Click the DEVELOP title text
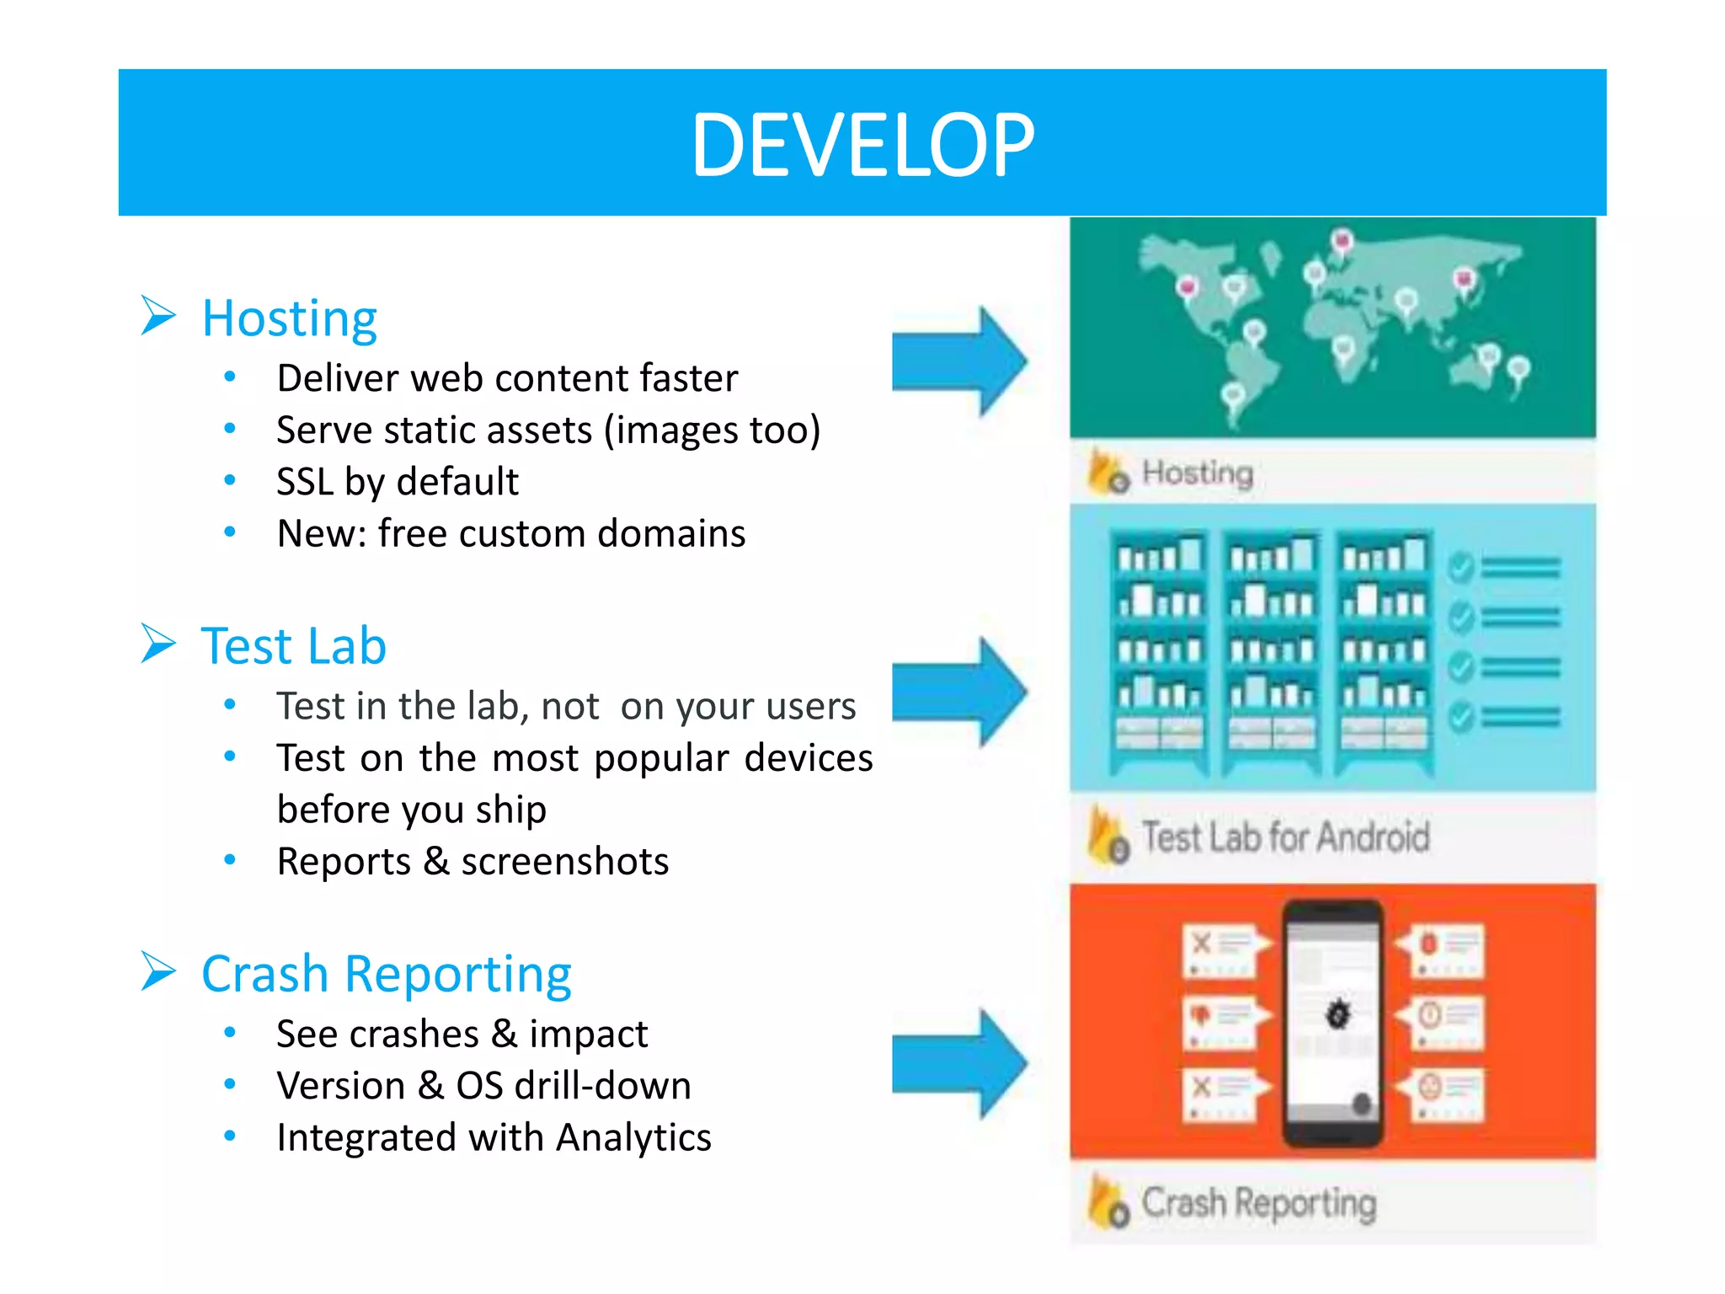[x=862, y=145]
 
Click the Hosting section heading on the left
[x=289, y=319]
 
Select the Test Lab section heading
[x=293, y=646]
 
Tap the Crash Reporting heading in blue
[x=387, y=974]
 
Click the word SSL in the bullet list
[x=304, y=482]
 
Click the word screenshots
[x=564, y=862]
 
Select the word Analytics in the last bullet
[x=633, y=1137]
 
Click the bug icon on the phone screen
[x=1338, y=1013]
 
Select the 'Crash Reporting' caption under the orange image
[x=1258, y=1203]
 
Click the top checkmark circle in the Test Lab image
[x=1461, y=568]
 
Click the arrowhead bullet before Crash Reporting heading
[x=158, y=971]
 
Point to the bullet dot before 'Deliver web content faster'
[x=229, y=377]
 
